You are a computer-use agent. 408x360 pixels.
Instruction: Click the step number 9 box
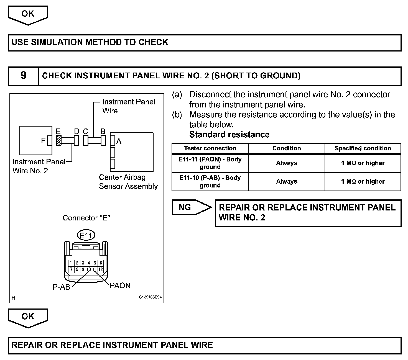[24, 76]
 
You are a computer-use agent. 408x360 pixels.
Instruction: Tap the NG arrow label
[185, 207]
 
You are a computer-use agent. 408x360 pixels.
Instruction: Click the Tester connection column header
[210, 148]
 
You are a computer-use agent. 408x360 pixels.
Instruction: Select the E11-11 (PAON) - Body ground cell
[210, 163]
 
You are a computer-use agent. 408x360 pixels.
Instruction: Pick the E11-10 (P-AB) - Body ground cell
[210, 181]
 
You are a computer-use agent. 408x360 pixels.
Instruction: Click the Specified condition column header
[363, 148]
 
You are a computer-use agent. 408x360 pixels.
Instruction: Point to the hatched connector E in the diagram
[58, 140]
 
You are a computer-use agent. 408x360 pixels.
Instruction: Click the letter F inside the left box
[43, 141]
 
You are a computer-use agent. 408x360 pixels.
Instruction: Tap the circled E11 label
[86, 235]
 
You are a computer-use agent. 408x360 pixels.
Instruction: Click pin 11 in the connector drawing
[95, 269]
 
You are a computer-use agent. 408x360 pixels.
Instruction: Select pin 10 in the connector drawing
[89, 269]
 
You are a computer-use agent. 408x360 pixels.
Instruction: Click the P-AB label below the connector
[61, 287]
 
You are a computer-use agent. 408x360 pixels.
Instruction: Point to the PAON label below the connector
[120, 286]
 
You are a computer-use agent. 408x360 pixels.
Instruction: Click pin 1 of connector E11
[71, 263]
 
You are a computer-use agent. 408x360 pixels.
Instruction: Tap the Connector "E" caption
[86, 218]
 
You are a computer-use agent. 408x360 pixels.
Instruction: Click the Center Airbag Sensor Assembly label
[128, 182]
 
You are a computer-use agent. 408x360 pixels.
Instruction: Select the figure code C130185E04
[150, 297]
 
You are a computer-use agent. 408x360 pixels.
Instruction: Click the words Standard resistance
[229, 135]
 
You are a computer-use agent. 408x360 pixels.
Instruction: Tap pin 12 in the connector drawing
[101, 269]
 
